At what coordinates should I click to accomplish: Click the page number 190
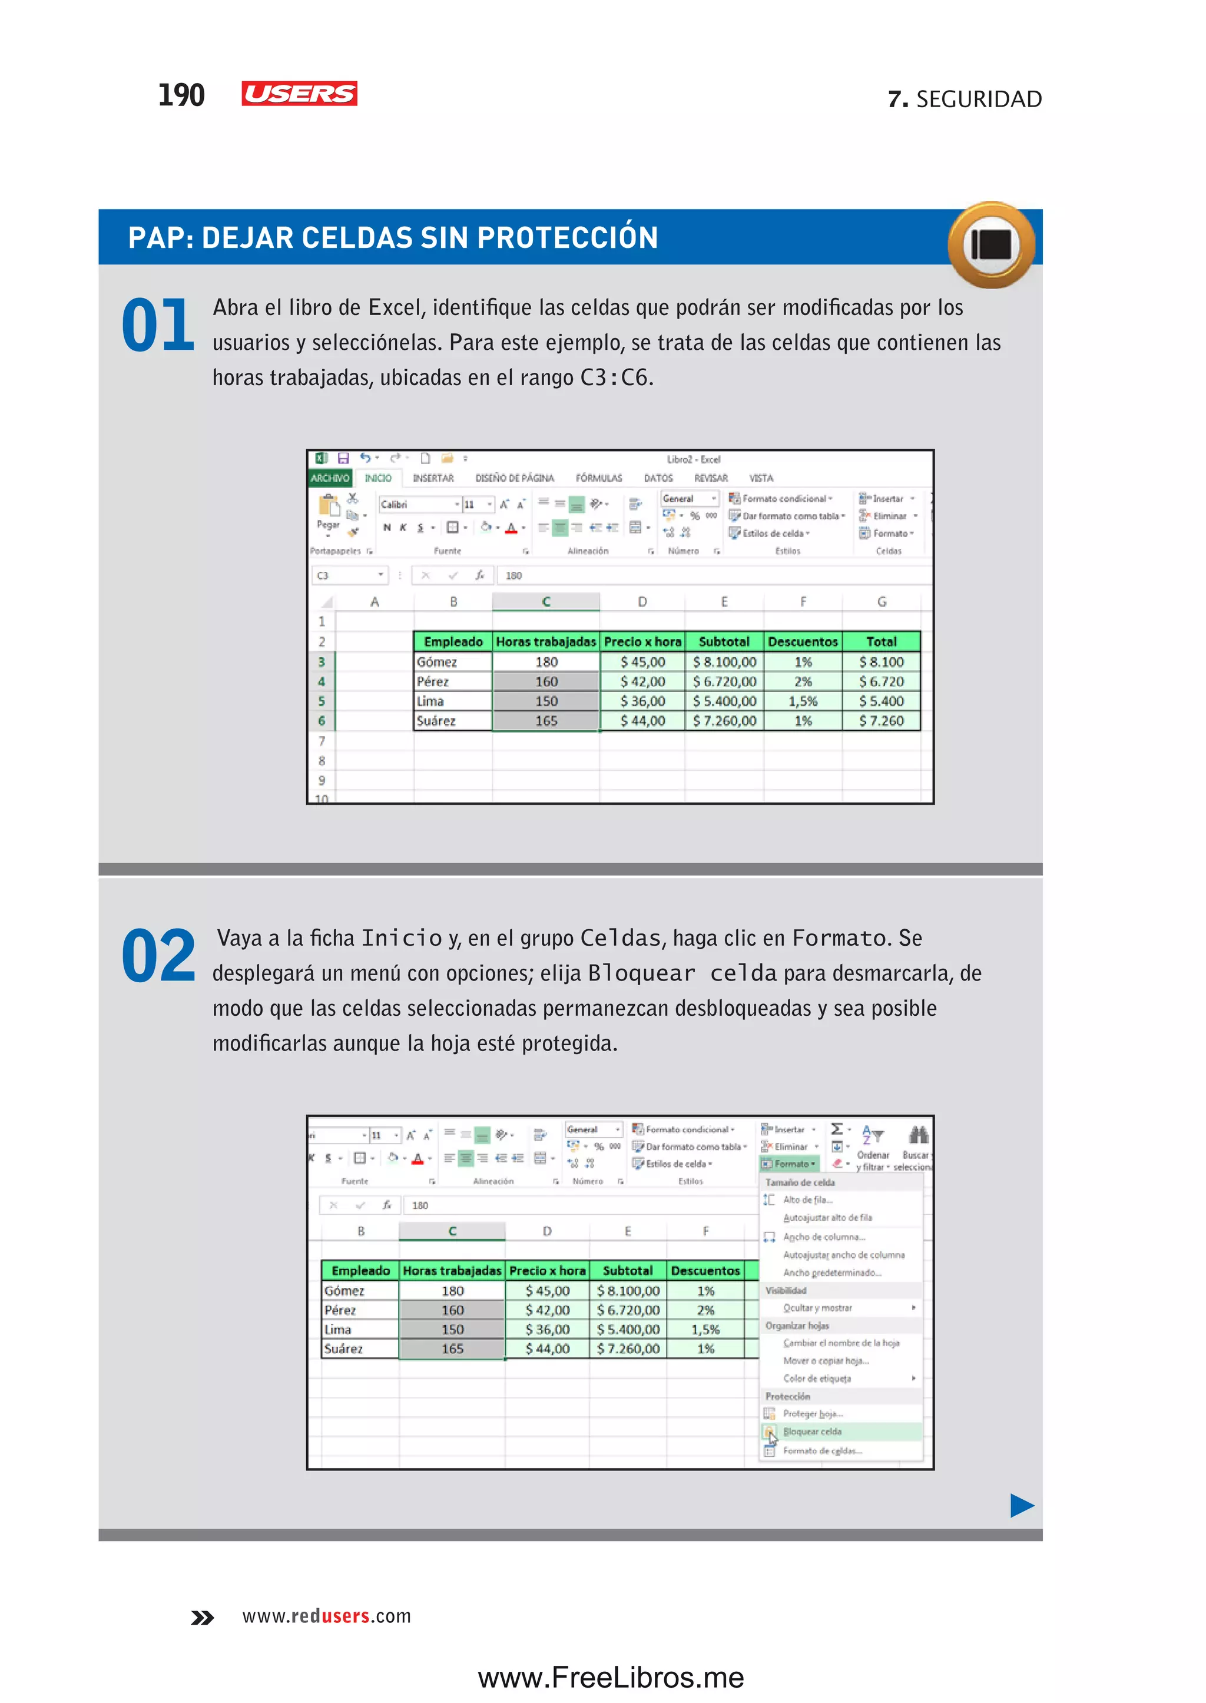(181, 95)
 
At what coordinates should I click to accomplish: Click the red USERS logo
(299, 94)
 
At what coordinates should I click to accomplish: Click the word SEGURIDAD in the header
(979, 99)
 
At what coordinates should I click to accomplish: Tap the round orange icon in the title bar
(992, 244)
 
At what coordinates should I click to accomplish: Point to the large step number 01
(158, 325)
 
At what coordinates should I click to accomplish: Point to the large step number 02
(158, 956)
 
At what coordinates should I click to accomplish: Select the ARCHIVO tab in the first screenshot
(330, 478)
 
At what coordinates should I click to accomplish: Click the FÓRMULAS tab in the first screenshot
(598, 478)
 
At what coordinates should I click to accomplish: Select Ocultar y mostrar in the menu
(817, 1308)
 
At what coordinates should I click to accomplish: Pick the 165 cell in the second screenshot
(452, 1349)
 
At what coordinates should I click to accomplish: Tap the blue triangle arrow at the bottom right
(1022, 1506)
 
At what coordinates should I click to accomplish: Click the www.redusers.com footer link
(326, 1616)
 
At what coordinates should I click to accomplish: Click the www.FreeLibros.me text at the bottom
(611, 1678)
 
